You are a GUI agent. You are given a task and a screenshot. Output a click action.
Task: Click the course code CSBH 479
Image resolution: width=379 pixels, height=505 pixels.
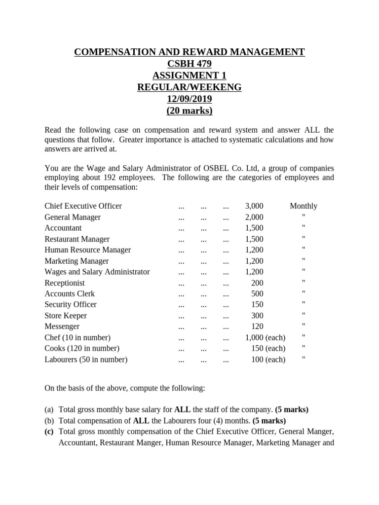pos(189,64)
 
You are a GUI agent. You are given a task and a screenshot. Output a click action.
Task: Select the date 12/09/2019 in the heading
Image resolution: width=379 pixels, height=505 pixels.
pos(189,99)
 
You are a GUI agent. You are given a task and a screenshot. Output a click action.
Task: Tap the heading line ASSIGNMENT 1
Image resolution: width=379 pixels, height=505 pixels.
pos(189,75)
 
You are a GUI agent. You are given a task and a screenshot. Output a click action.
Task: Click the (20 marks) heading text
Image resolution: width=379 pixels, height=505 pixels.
pos(189,111)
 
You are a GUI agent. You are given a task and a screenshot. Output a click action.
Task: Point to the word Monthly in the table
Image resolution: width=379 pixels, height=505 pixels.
pos(303,206)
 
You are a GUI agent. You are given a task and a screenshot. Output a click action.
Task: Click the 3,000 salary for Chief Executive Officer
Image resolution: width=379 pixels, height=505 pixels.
pos(254,206)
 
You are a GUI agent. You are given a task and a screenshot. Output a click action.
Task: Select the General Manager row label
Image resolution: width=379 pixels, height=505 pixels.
pos(73,217)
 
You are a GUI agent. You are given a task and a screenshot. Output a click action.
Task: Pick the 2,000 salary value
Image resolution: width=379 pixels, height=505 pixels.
pos(254,217)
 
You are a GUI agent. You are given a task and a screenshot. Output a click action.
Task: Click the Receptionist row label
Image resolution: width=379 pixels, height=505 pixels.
pos(65,283)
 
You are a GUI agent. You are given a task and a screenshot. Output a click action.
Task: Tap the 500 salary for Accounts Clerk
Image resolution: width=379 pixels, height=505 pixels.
pos(257,294)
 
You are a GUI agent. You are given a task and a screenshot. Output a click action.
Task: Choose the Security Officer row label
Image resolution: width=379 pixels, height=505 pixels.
pos(71,305)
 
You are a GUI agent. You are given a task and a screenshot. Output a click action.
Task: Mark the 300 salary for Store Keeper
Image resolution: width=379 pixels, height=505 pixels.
pos(257,316)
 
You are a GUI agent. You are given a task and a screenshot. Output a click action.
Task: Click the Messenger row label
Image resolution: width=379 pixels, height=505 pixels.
pos(62,326)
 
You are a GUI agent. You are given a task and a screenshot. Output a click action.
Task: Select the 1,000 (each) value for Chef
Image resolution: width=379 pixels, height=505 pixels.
pos(265,338)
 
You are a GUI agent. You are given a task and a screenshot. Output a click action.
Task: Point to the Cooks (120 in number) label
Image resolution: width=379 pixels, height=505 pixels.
pos(82,349)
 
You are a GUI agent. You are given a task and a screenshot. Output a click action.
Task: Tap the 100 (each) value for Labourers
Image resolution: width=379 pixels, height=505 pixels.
pos(268,360)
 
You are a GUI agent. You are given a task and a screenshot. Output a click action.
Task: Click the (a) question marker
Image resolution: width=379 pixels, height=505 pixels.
pos(49,410)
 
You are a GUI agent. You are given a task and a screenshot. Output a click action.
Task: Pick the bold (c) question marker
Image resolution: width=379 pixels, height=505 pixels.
pos(49,432)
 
